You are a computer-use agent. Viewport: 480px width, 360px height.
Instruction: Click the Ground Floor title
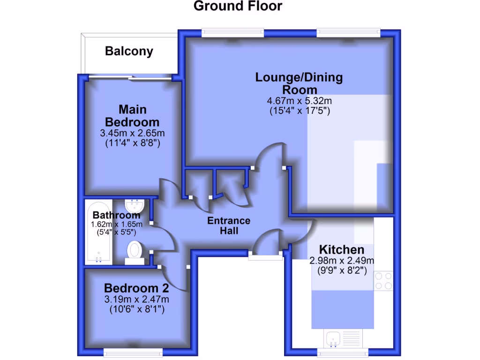pyautogui.click(x=238, y=6)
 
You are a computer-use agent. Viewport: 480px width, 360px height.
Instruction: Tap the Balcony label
pyautogui.click(x=129, y=51)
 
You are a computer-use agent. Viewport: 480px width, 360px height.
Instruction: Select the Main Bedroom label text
pyautogui.click(x=132, y=116)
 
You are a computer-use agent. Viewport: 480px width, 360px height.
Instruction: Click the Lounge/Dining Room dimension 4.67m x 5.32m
pyautogui.click(x=299, y=101)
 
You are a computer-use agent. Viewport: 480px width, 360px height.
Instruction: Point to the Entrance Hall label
pyautogui.click(x=229, y=225)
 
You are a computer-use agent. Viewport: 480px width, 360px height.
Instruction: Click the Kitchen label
pyautogui.click(x=341, y=249)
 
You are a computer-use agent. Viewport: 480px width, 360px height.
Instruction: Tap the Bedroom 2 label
pyautogui.click(x=136, y=287)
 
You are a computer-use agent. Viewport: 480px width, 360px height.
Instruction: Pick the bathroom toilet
pyautogui.click(x=135, y=250)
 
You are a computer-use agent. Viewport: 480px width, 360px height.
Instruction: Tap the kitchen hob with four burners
pyautogui.click(x=383, y=281)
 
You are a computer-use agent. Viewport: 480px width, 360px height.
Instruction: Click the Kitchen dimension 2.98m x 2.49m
pyautogui.click(x=341, y=261)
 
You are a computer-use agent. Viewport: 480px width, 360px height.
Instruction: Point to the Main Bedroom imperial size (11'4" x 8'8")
pyautogui.click(x=132, y=143)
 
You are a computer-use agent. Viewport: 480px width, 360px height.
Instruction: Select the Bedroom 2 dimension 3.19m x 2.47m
pyautogui.click(x=136, y=299)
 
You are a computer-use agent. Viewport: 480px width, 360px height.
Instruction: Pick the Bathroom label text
pyautogui.click(x=116, y=215)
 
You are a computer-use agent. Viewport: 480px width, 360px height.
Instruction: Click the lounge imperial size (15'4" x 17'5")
pyautogui.click(x=299, y=112)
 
